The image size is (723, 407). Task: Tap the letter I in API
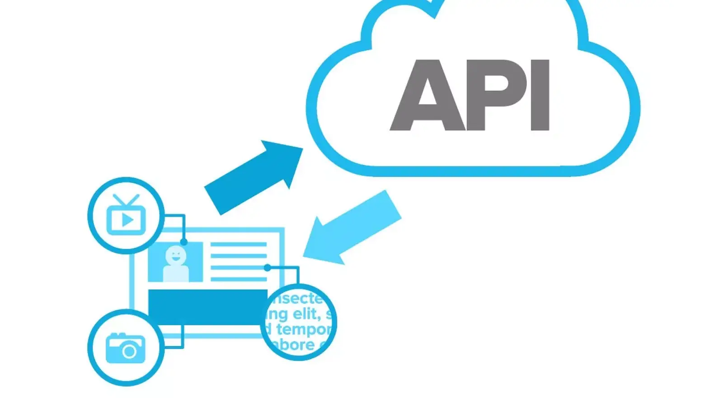point(540,95)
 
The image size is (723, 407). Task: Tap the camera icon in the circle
point(126,348)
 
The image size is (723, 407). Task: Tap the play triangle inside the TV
point(127,220)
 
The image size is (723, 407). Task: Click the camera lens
point(130,351)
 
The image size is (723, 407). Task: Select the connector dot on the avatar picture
point(183,242)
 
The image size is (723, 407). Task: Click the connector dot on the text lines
point(268,268)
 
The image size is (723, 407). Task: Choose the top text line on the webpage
point(238,245)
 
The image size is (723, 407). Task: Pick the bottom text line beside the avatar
point(238,279)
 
